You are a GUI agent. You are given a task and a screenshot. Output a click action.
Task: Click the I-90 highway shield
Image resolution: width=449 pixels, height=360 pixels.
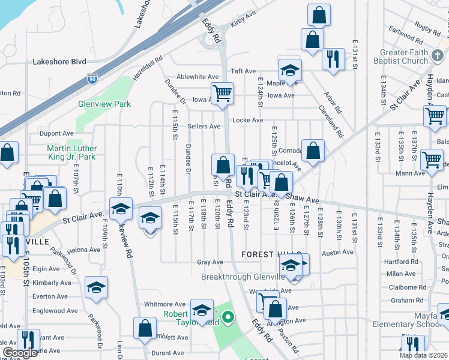click(91, 79)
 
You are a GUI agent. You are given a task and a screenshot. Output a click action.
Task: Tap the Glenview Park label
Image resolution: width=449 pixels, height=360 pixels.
click(104, 104)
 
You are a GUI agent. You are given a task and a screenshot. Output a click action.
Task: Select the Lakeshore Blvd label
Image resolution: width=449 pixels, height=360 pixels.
click(59, 61)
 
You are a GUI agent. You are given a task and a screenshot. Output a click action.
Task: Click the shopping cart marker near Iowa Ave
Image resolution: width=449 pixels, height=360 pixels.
click(222, 94)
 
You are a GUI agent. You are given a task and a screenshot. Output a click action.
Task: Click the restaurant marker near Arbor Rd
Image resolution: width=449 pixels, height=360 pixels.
click(333, 59)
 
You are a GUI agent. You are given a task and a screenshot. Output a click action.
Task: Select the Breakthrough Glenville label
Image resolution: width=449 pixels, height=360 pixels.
click(243, 277)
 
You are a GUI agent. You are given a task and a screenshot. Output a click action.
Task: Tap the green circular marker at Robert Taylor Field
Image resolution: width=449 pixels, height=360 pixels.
click(228, 317)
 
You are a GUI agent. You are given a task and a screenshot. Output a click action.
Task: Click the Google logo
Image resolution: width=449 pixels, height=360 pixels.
click(20, 353)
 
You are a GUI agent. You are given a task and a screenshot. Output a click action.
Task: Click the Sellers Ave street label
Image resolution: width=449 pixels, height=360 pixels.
click(204, 126)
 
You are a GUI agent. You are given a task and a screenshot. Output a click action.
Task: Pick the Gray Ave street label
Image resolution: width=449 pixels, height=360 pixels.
click(210, 262)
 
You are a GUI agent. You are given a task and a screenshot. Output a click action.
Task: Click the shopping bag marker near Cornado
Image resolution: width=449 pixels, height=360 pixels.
click(313, 151)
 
